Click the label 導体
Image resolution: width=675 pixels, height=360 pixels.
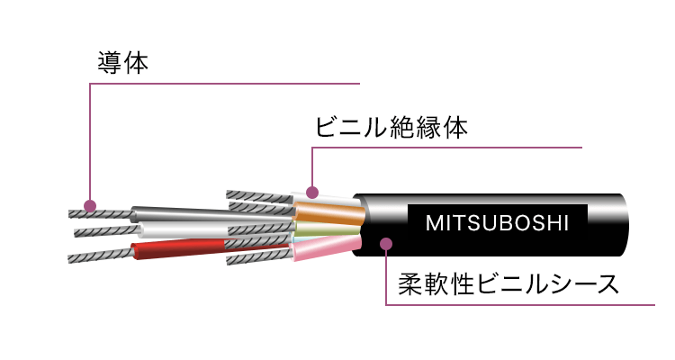tap(122, 63)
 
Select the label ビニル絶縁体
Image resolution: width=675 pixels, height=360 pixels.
tap(391, 127)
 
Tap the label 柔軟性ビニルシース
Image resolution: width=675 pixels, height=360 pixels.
tap(508, 283)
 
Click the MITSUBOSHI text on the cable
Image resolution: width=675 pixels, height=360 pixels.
tap(497, 223)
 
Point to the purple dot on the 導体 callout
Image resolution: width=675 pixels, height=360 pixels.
tap(89, 206)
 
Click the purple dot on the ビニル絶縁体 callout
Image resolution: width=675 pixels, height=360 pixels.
tap(312, 192)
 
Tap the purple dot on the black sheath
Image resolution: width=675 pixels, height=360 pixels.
tap(386, 244)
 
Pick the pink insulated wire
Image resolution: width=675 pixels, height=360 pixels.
tap(326, 248)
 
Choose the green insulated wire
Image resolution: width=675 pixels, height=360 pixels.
tap(328, 229)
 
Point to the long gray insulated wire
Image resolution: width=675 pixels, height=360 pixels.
tap(211, 214)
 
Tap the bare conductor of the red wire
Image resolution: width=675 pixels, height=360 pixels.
tap(101, 255)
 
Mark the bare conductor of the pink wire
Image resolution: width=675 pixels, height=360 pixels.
tap(258, 256)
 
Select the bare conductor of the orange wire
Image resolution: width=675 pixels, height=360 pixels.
tap(261, 208)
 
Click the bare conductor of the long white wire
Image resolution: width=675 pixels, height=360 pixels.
tap(107, 230)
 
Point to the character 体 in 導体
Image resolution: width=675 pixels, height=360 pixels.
tap(136, 63)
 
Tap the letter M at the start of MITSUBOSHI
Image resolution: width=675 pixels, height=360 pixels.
tap(433, 223)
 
